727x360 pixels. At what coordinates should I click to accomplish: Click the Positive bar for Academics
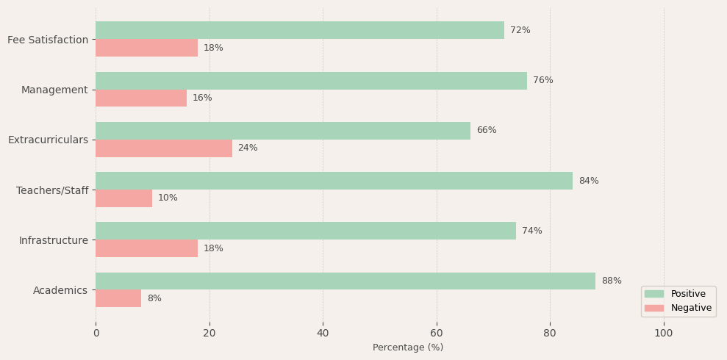345,281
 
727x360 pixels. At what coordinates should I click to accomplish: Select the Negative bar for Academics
118,298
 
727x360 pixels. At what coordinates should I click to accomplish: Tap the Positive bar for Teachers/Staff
334,181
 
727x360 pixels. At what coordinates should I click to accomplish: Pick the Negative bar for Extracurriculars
164,148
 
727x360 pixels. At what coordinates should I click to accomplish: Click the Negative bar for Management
141,98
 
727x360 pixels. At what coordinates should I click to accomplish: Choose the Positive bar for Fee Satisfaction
300,30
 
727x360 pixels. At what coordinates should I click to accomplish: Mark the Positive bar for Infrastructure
306,231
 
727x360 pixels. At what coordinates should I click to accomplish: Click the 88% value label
612,281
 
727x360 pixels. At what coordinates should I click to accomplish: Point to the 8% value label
154,298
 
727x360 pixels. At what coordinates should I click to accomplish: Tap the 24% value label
248,148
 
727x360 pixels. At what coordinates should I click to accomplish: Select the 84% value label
589,181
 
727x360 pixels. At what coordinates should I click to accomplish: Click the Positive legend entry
678,294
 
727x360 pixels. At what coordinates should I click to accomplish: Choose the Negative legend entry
678,308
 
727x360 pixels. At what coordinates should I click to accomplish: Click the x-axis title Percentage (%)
408,348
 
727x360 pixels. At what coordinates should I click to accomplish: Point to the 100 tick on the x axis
664,333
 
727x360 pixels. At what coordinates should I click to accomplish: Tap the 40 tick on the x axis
323,333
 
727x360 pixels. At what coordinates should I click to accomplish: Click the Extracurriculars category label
48,140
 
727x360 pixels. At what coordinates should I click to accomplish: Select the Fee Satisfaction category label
48,40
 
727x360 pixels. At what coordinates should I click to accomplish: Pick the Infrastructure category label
54,240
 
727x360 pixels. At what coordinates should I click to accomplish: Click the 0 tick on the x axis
96,333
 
